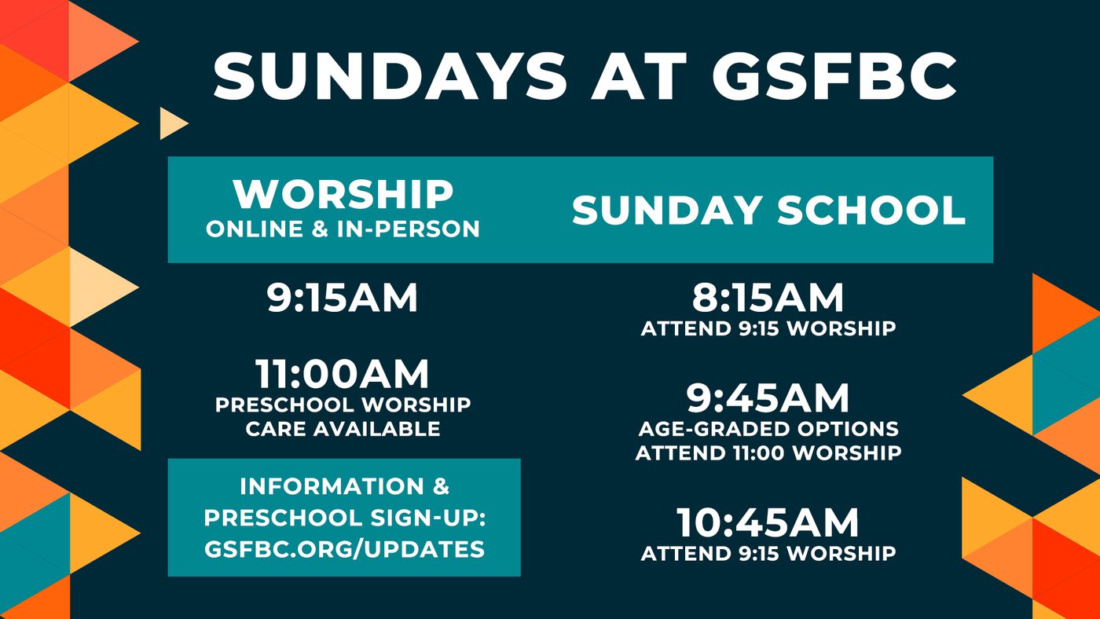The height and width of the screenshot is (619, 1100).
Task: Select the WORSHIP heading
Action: pyautogui.click(x=343, y=194)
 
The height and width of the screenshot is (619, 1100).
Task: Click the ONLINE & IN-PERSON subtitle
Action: pyautogui.click(x=343, y=229)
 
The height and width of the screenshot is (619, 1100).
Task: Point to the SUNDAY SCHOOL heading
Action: pyautogui.click(x=768, y=210)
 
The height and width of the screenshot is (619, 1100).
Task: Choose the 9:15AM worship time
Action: pyautogui.click(x=343, y=298)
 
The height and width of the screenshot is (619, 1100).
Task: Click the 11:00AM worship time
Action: pyautogui.click(x=343, y=374)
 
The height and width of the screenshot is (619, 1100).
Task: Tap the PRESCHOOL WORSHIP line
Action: pyautogui.click(x=343, y=405)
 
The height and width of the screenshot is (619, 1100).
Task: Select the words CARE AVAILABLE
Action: pyautogui.click(x=343, y=429)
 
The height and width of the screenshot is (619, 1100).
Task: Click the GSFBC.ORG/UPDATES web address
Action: pyautogui.click(x=344, y=549)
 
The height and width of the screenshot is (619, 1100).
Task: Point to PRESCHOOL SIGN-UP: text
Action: pyautogui.click(x=344, y=518)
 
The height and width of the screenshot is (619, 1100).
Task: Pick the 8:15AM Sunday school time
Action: pyautogui.click(x=768, y=298)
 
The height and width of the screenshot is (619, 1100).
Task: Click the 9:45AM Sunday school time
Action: pyautogui.click(x=768, y=398)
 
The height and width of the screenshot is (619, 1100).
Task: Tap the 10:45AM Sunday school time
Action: pyautogui.click(x=768, y=523)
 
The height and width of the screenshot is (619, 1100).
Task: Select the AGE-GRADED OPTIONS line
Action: pyautogui.click(x=768, y=429)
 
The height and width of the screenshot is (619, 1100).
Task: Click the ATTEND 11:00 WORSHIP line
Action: pyautogui.click(x=768, y=453)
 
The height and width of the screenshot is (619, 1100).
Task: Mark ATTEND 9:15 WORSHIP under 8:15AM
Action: pyautogui.click(x=768, y=328)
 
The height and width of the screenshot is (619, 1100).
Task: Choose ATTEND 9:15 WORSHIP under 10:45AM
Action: pyautogui.click(x=768, y=554)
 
